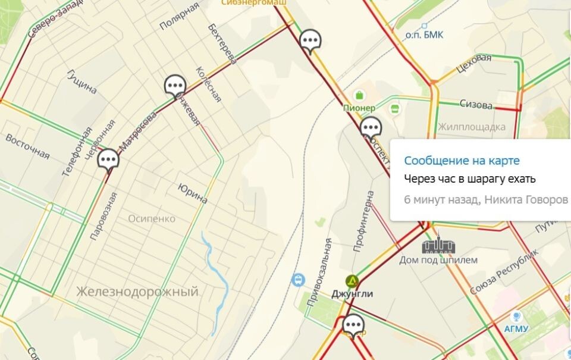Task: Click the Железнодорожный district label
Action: [137, 292]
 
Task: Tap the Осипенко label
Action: [152, 218]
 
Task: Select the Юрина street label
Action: [193, 193]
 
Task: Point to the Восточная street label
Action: [27, 146]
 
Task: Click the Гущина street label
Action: [82, 82]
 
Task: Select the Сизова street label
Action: [476, 105]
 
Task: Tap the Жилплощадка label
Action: [471, 127]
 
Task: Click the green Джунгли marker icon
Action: [352, 281]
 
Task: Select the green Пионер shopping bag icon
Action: [359, 95]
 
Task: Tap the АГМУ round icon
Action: [516, 316]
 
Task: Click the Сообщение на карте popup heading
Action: [462, 161]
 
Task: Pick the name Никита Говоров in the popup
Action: [526, 199]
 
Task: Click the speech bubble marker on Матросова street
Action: [108, 160]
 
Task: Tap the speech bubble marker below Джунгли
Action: [353, 325]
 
